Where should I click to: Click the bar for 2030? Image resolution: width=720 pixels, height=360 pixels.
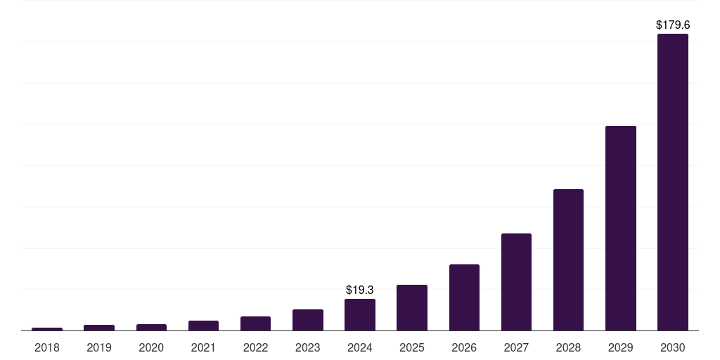672,182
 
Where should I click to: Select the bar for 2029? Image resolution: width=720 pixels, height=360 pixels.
620,228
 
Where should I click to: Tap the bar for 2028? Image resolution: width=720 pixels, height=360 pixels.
568,259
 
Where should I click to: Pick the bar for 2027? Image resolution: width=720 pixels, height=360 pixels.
516,282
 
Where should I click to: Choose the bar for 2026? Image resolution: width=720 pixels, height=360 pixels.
464,297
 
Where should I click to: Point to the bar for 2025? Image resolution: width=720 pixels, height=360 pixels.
412,307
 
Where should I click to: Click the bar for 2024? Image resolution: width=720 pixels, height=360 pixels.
360,314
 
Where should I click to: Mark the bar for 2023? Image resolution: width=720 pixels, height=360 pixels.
308,320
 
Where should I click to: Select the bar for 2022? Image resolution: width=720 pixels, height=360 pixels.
255,323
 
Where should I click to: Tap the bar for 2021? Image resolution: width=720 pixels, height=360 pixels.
203,326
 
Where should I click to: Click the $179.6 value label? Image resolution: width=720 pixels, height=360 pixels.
672,25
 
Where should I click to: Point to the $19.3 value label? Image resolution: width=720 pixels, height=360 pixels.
360,290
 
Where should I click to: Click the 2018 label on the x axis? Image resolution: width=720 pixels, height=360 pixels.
47,347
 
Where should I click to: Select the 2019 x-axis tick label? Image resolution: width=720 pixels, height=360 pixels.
99,347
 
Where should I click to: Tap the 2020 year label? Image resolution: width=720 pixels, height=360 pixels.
151,347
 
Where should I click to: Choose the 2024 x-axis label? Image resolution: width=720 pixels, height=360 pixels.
360,347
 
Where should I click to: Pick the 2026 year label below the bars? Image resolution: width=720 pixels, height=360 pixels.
464,347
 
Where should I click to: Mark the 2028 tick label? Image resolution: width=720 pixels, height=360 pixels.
568,347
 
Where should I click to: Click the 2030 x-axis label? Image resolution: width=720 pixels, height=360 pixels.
672,347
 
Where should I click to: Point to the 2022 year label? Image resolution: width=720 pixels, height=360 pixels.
255,347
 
